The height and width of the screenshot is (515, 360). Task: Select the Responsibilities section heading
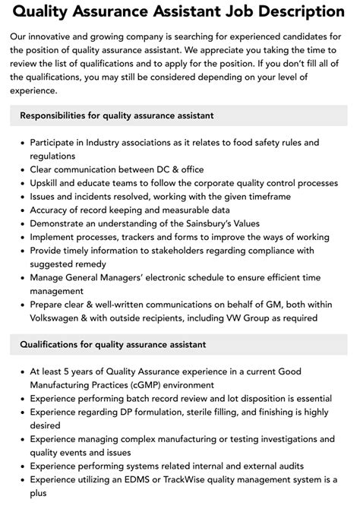point(116,115)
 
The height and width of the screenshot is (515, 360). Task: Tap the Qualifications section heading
point(112,344)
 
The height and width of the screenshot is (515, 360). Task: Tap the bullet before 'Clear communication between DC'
point(21,169)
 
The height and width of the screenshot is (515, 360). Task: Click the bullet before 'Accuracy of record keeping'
point(21,210)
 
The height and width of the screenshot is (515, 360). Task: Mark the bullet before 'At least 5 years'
point(21,372)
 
